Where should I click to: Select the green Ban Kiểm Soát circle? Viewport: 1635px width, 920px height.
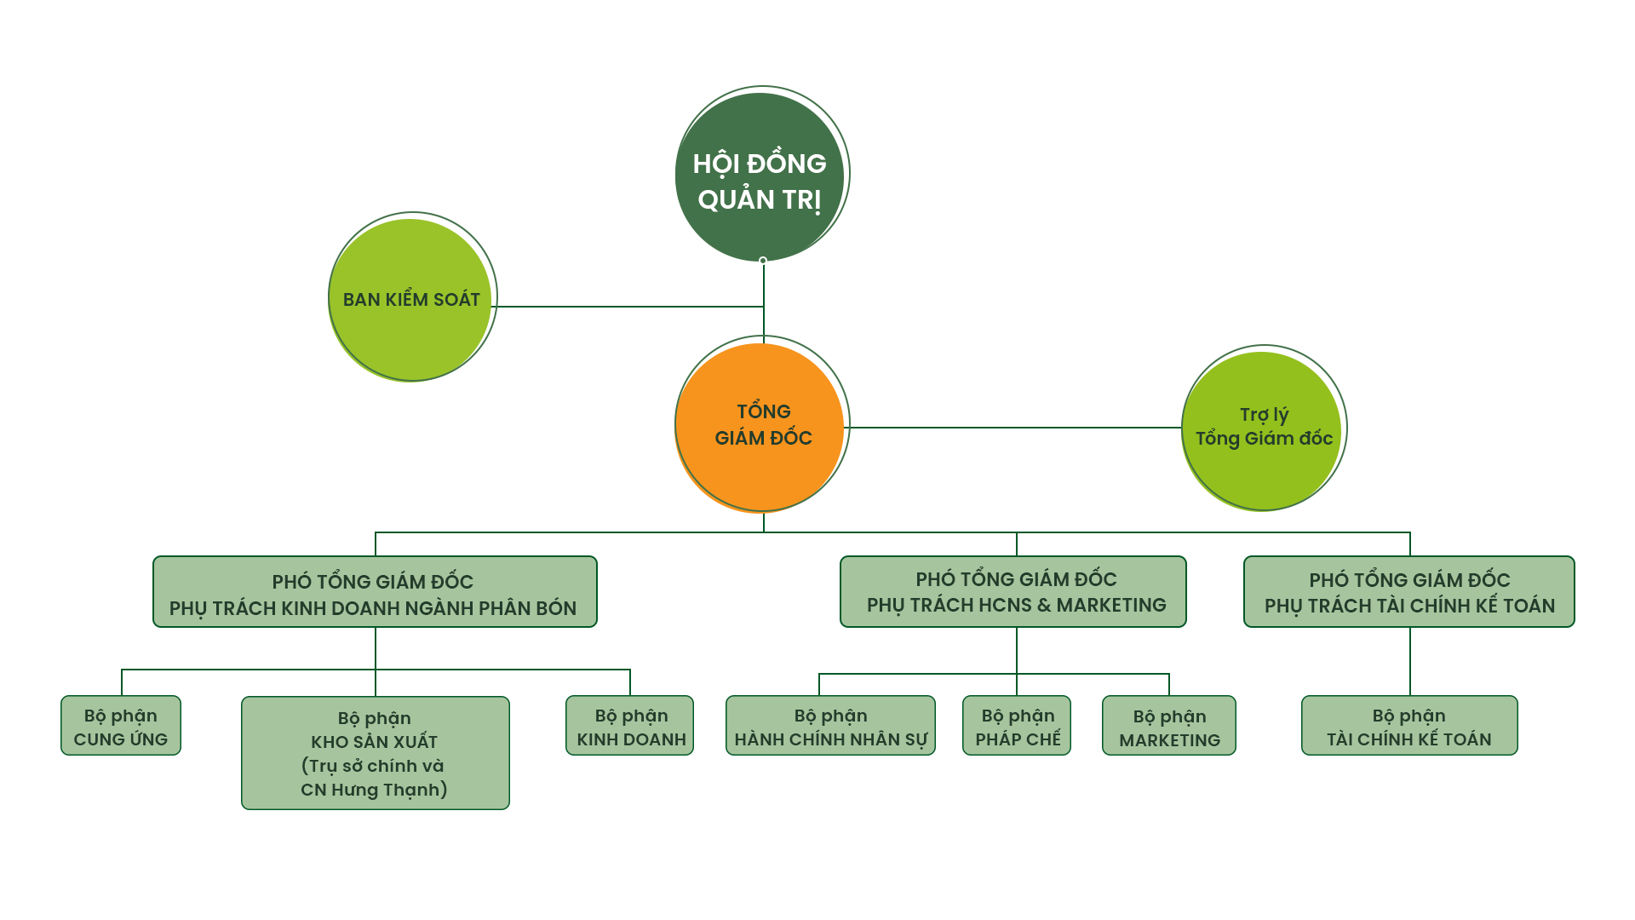coord(410,298)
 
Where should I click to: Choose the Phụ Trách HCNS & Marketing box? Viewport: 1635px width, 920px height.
coord(1013,592)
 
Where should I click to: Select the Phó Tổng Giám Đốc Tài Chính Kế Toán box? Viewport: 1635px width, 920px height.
coord(1409,592)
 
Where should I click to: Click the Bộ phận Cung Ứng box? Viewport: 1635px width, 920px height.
coord(121,727)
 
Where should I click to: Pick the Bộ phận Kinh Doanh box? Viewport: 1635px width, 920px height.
coord(630,727)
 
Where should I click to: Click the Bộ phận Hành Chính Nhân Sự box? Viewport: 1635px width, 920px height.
coord(830,727)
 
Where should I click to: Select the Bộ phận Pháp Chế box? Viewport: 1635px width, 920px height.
coord(1017,727)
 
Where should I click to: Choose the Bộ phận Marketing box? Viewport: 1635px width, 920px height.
coord(1169,727)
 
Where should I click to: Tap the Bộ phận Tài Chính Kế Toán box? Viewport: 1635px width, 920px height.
coord(1409,727)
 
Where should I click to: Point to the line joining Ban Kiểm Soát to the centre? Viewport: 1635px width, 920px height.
coord(626,306)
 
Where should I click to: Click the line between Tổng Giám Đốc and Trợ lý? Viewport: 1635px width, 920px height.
coord(1013,427)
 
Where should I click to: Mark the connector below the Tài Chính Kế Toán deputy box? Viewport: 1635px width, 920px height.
coord(1410,661)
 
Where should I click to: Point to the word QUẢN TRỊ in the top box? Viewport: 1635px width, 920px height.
coord(760,200)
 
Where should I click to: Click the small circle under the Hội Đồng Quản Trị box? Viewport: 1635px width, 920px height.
coord(763,261)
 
